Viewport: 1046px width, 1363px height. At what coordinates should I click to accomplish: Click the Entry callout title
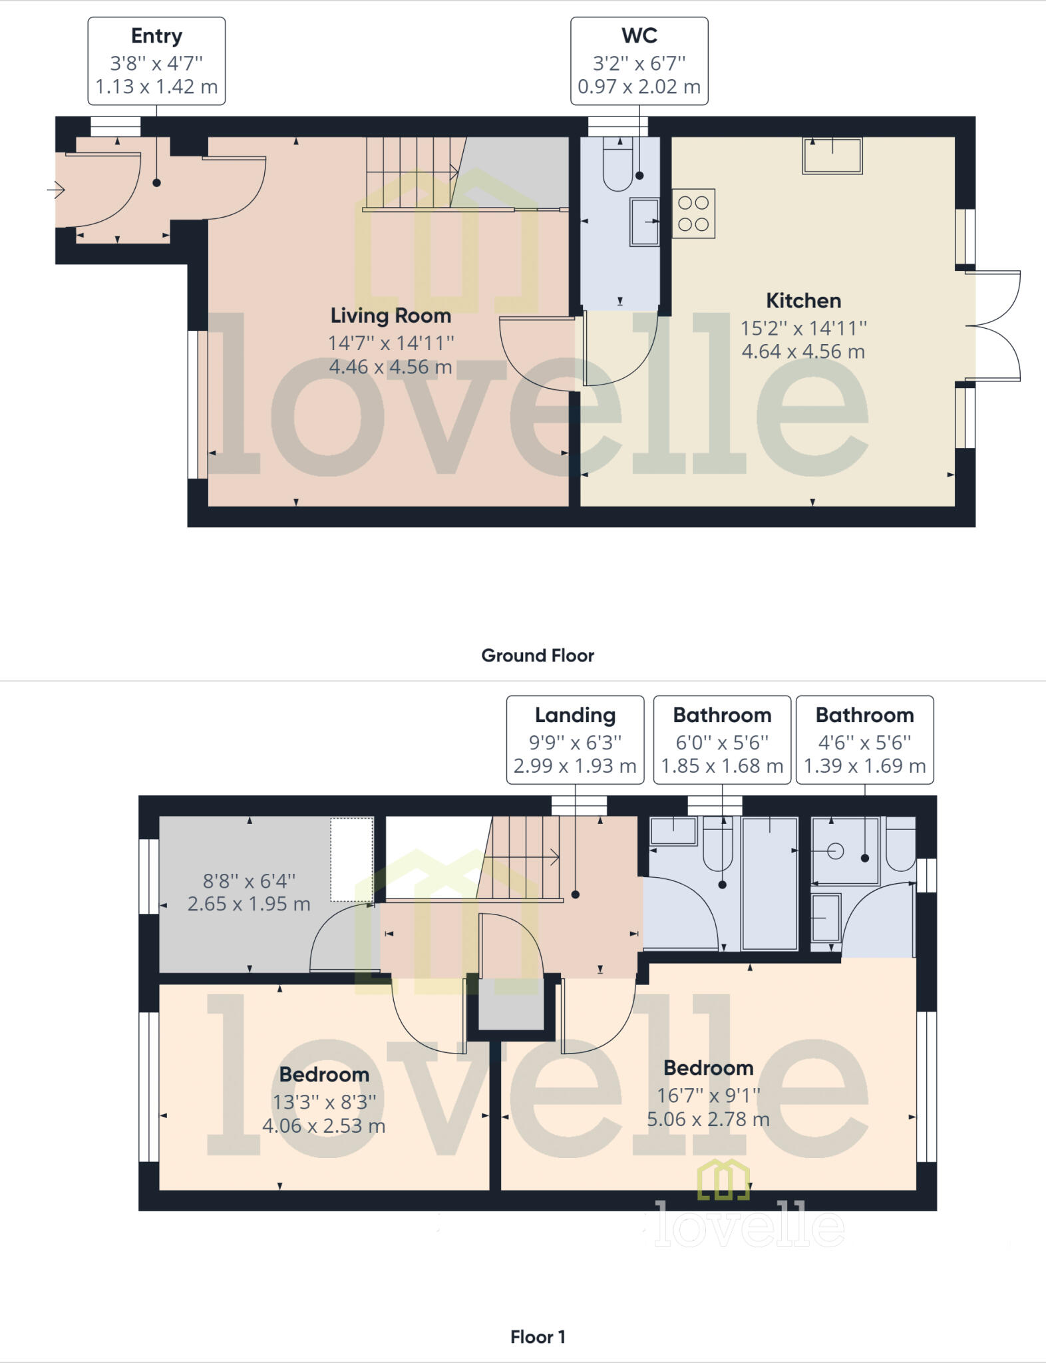(156, 36)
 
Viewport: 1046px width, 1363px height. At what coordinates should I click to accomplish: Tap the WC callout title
(639, 36)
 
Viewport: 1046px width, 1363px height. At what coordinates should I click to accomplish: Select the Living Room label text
(391, 315)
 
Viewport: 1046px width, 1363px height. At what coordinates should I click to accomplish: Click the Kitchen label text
(803, 301)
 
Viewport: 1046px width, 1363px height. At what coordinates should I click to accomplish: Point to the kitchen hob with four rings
(693, 214)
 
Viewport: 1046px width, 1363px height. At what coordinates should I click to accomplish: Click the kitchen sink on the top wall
(832, 156)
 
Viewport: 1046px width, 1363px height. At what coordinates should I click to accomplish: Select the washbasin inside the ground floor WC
(644, 222)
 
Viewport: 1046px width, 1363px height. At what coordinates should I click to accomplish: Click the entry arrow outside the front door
(56, 191)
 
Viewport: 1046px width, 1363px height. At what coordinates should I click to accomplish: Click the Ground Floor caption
(538, 656)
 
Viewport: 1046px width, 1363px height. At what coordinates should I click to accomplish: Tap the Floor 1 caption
(538, 1337)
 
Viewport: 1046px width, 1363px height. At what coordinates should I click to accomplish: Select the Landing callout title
(575, 715)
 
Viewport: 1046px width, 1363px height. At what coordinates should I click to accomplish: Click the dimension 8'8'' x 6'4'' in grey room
(249, 881)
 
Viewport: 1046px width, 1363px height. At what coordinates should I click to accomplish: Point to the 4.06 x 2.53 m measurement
(324, 1126)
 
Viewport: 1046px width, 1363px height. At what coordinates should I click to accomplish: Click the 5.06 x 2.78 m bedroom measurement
(708, 1119)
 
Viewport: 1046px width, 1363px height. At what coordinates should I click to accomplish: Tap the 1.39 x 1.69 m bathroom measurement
(864, 766)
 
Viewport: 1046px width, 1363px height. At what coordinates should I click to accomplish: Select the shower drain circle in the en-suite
(836, 851)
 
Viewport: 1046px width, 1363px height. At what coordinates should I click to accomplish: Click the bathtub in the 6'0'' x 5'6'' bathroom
(770, 882)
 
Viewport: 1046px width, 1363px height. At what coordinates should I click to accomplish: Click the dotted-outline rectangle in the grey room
(351, 859)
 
